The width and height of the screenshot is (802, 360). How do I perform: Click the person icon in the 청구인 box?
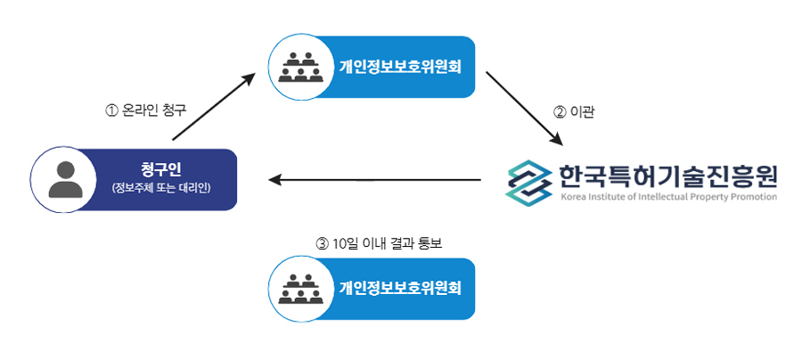[65, 179]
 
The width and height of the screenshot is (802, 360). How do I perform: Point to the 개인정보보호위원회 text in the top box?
[400, 67]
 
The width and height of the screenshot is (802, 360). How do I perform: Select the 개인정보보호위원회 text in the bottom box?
[400, 289]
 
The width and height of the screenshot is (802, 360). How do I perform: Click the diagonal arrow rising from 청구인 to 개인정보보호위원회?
[214, 108]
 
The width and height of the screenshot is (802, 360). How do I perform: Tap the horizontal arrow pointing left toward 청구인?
[374, 180]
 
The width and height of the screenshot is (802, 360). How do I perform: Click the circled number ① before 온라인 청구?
[111, 111]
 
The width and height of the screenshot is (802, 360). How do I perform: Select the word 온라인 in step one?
[140, 111]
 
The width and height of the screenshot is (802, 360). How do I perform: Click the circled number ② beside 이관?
[560, 112]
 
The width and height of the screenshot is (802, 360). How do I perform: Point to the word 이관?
[582, 112]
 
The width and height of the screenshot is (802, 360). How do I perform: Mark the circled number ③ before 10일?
[323, 242]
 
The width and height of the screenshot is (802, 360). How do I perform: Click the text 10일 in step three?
[345, 242]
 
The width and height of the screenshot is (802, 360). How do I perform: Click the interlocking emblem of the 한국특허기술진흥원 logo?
[529, 180]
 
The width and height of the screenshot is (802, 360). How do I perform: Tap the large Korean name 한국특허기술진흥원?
[668, 173]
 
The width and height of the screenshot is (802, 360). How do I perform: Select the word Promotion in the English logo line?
[751, 197]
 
